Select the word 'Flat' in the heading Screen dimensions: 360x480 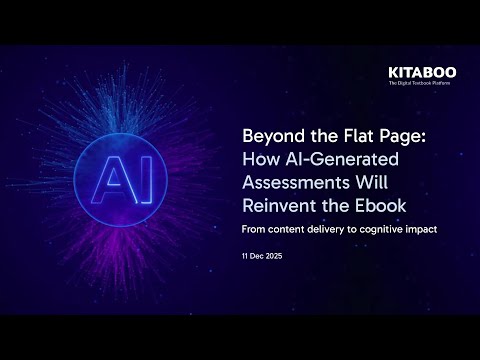[x=351, y=137]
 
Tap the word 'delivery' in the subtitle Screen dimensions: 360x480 [x=318, y=228]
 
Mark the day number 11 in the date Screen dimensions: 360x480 [x=245, y=257]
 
